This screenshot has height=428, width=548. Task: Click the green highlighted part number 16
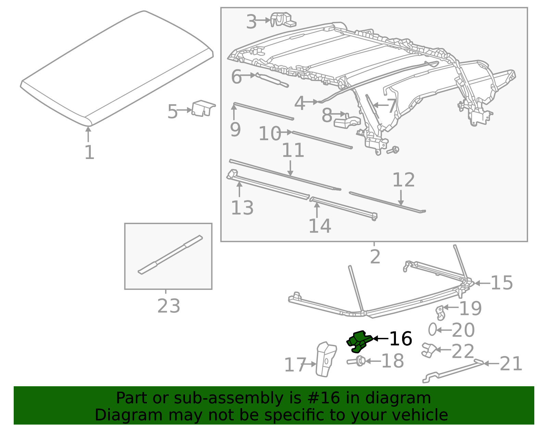pos(359,341)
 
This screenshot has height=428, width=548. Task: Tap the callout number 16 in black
pos(400,339)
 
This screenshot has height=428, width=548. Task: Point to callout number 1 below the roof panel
pos(89,152)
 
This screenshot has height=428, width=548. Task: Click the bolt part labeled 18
pos(356,361)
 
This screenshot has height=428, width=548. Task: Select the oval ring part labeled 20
pos(432,329)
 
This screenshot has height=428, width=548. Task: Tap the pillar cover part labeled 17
pos(325,359)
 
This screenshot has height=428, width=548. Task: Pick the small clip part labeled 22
pos(428,350)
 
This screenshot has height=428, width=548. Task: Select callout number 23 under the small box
pos(169,306)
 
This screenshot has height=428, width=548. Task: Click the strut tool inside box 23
pos(170,254)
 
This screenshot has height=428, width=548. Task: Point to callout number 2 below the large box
pos(375,256)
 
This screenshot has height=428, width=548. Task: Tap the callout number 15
pos(501,283)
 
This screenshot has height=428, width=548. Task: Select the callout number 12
pos(403,180)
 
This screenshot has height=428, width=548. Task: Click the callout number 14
pos(320,226)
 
